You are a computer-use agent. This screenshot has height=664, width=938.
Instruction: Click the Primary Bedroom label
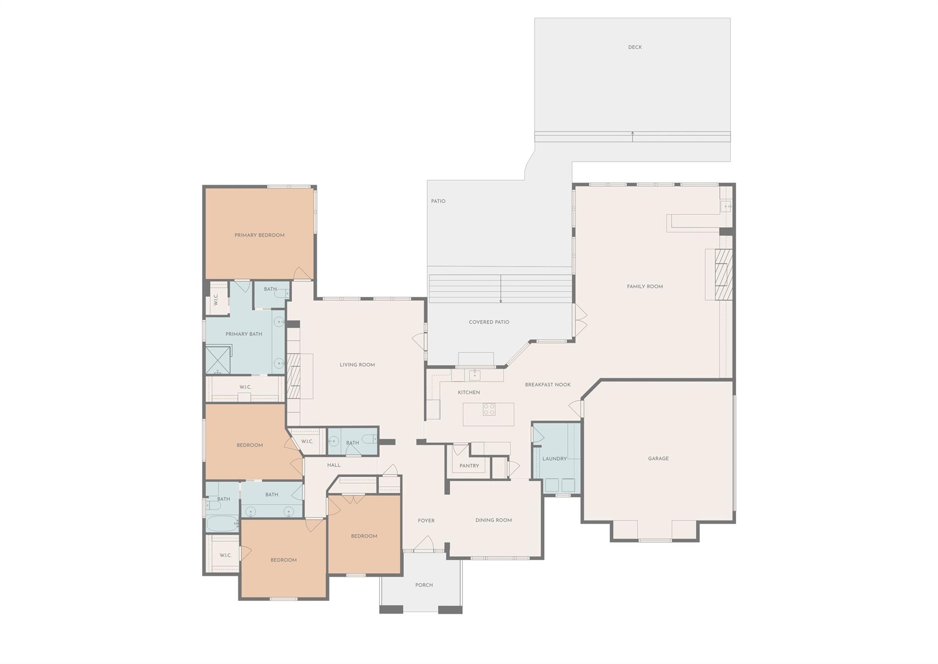click(x=259, y=235)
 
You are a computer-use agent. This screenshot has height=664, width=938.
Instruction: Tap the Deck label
click(x=635, y=47)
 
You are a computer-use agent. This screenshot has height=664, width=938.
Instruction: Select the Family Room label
click(x=645, y=287)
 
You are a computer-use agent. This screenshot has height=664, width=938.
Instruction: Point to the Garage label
click(x=658, y=458)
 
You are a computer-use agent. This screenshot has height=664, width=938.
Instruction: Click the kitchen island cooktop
click(x=489, y=409)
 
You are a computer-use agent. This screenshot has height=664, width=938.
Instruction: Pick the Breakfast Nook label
click(x=548, y=385)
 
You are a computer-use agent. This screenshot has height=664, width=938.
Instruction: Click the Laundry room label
click(x=554, y=459)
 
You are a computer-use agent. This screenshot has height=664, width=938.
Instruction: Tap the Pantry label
click(x=469, y=466)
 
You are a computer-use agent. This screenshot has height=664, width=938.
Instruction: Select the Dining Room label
click(x=493, y=520)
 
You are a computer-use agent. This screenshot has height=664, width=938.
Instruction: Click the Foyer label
click(x=426, y=521)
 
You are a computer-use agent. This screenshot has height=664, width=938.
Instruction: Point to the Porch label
click(x=424, y=585)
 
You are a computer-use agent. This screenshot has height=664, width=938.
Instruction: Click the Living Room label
click(x=357, y=365)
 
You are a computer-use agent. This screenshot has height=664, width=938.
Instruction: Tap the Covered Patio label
click(x=489, y=322)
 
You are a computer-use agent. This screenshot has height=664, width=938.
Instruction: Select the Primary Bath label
click(x=244, y=334)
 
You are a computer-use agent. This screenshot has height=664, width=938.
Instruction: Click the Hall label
click(x=333, y=465)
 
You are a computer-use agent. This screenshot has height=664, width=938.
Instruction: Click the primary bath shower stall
click(x=218, y=360)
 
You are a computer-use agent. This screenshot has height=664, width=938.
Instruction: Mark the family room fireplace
click(x=723, y=274)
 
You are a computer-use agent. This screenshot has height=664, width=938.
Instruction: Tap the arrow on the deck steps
click(x=633, y=136)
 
